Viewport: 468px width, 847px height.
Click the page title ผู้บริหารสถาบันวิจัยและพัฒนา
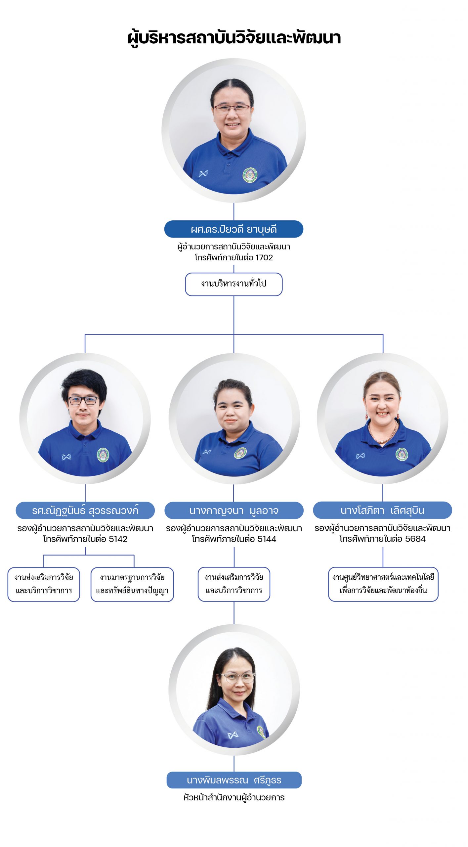point(234,38)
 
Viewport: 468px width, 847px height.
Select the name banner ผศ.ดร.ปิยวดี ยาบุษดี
point(234,229)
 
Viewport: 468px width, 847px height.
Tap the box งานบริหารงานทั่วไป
point(234,284)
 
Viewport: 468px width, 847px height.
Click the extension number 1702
point(264,257)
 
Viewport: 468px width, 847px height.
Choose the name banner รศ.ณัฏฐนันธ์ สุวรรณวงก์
point(85,510)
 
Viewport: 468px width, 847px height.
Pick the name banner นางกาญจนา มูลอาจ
point(234,510)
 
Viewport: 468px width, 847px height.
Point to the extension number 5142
point(118,539)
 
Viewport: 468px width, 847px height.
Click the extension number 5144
point(267,539)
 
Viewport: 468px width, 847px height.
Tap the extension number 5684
point(415,539)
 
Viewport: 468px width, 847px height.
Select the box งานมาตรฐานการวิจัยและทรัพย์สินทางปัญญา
point(132,584)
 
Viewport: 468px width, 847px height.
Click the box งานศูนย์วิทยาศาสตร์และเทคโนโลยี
point(383,584)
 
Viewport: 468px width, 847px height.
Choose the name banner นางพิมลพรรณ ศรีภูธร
point(234,780)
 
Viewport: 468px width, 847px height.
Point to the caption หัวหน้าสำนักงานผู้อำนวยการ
point(234,797)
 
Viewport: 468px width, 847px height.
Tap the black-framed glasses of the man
point(83,400)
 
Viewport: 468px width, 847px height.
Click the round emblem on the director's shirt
point(250,175)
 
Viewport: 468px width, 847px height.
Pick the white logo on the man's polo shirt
point(66,457)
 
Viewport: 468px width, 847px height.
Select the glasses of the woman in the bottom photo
point(237,678)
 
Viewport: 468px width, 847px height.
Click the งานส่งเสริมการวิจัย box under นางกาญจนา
point(234,584)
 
